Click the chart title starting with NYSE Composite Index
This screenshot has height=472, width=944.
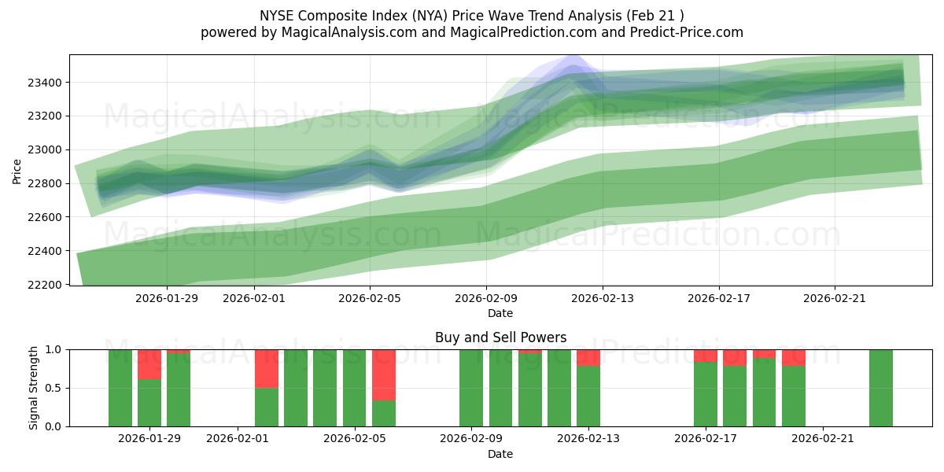tap(472, 15)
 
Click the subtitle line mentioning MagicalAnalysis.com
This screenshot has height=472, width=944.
tap(472, 32)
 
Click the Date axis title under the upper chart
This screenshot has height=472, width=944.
tap(500, 313)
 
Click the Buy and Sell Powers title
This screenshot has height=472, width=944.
tap(500, 337)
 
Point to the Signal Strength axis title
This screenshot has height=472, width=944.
tap(33, 388)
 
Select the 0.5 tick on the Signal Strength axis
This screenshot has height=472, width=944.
tap(55, 388)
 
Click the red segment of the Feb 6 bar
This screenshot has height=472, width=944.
tap(384, 374)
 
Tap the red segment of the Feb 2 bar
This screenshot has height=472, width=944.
tap(267, 368)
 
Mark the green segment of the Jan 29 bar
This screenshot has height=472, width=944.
tap(149, 403)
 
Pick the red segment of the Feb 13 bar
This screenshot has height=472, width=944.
tap(588, 357)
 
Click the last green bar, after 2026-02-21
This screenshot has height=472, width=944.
tap(881, 388)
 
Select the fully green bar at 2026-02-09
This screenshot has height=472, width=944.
tap(471, 388)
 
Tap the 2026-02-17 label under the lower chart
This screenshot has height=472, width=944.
tap(706, 439)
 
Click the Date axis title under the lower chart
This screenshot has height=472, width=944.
tap(500, 454)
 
